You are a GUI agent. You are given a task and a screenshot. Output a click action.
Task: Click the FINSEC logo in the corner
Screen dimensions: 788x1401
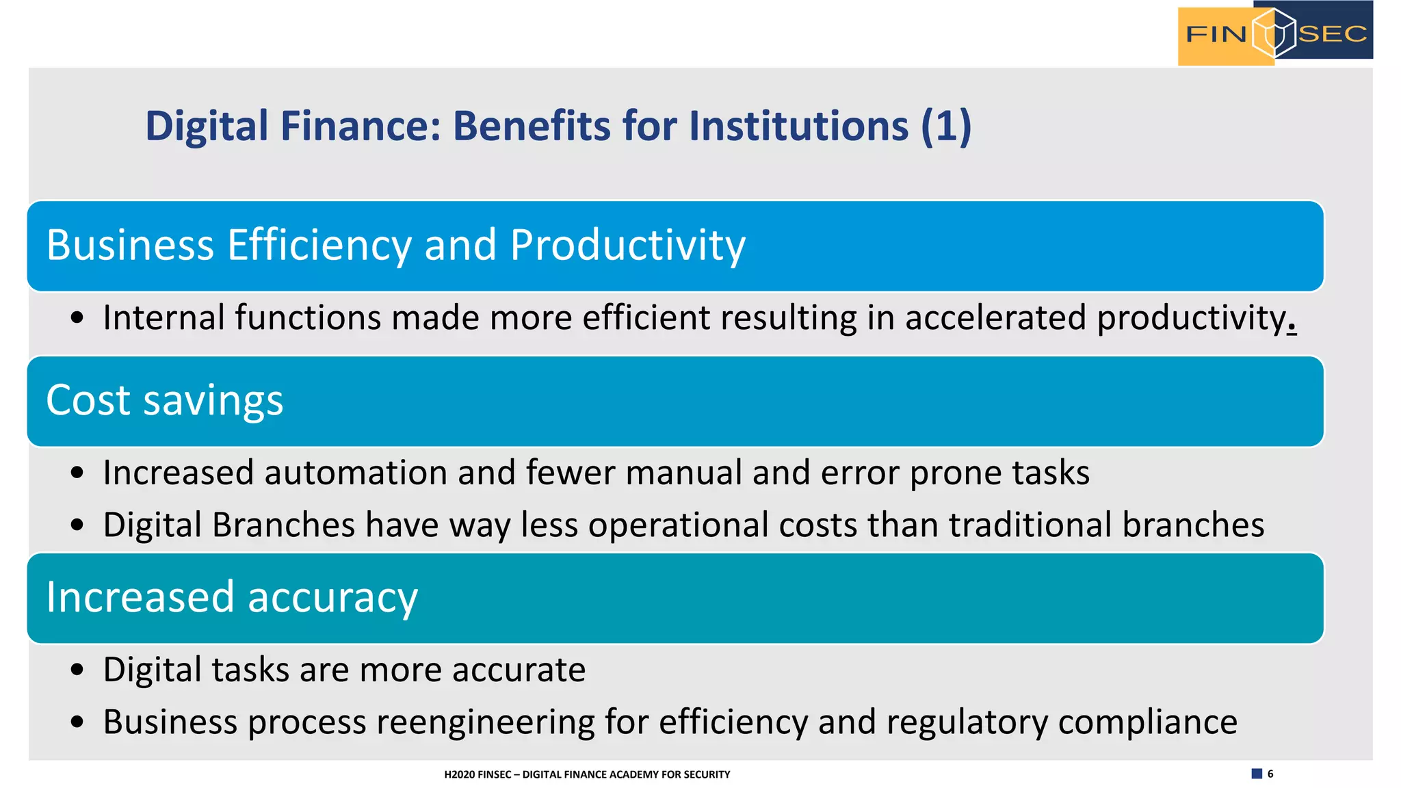[1274, 34]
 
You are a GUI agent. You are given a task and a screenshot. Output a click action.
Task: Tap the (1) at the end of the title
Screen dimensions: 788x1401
[946, 127]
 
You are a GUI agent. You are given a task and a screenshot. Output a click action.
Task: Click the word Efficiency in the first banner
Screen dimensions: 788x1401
[319, 246]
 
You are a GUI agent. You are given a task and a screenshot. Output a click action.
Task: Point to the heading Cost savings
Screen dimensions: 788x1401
[164, 401]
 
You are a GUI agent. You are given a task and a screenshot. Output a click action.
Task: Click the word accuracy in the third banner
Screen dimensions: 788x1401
[332, 598]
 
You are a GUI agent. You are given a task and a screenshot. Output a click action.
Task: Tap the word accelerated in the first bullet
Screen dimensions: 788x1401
[995, 318]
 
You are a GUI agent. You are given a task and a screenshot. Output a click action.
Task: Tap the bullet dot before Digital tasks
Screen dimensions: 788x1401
[77, 670]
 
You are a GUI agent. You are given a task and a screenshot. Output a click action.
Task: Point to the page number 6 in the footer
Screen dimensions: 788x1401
[1270, 774]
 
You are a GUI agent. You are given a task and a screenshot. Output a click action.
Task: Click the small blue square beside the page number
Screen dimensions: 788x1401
[1257, 774]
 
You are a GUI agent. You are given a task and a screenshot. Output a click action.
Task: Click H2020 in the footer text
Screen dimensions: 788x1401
[459, 774]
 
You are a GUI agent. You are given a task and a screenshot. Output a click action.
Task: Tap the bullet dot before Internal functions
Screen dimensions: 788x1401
[77, 318]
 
